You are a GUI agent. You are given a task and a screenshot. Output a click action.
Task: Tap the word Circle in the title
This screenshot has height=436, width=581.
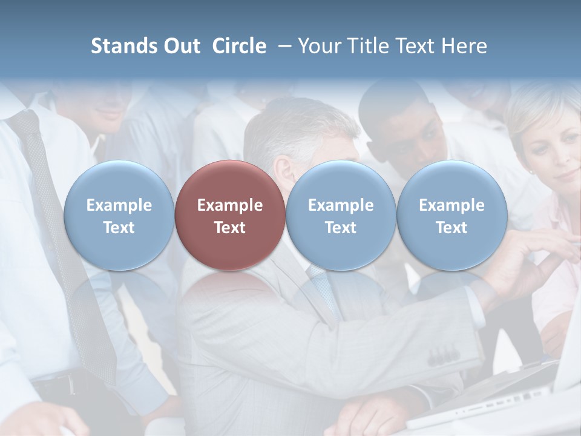point(239,46)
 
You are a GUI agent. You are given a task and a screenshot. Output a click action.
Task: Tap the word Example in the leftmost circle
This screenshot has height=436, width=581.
point(119,205)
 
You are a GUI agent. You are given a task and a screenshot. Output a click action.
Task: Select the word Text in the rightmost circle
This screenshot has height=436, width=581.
point(451,228)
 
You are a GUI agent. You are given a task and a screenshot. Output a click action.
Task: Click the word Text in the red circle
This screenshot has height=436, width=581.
point(230,228)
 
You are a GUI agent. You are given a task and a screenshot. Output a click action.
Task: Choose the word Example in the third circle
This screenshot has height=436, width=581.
point(341,205)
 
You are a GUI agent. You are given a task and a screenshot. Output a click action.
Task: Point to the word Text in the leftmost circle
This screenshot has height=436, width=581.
point(119,228)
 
